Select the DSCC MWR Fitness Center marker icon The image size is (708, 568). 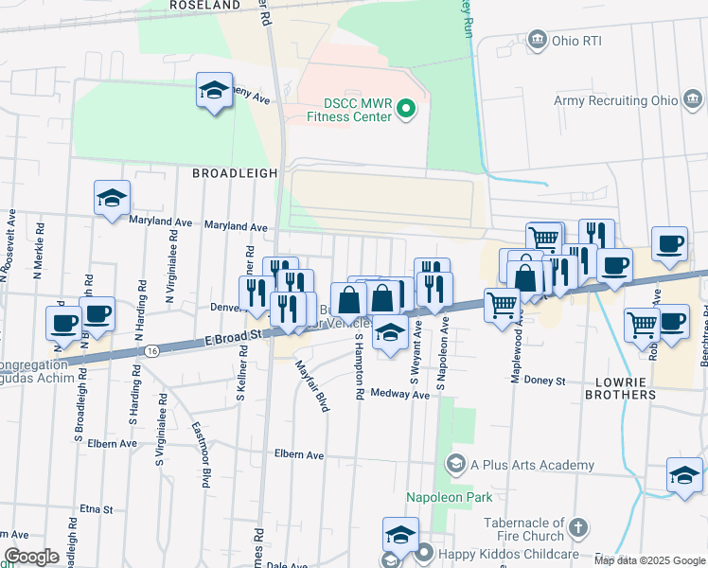coord(406,110)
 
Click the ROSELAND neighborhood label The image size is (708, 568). coord(205,5)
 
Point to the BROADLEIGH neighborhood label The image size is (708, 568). coord(235,174)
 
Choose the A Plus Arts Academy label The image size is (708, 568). coord(532,465)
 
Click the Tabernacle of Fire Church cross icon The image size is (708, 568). coord(579,524)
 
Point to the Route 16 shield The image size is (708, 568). coord(152,350)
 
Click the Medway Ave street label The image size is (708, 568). coord(399,394)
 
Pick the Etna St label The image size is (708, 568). coord(97,509)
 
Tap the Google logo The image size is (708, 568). coord(31,557)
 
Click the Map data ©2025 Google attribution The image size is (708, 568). coord(648,560)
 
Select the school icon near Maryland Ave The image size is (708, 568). coord(112,198)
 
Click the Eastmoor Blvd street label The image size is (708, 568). coord(200,454)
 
